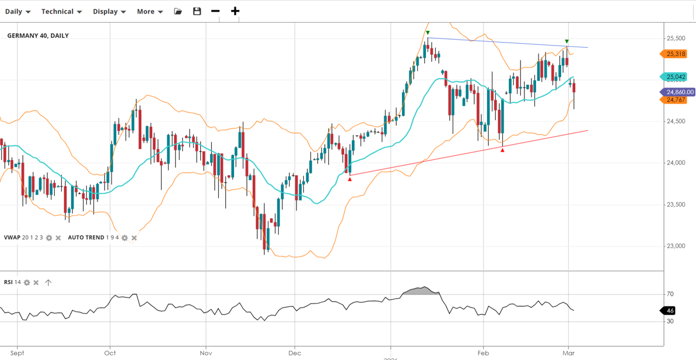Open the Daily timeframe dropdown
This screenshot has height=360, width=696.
(18, 12)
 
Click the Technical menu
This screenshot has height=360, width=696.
(61, 12)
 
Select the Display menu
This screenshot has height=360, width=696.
(109, 12)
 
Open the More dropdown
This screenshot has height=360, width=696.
(149, 12)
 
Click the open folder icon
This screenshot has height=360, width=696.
(178, 12)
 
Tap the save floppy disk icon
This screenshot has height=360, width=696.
(197, 12)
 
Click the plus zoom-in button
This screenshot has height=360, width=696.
(235, 12)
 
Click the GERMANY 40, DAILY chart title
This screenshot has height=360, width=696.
(38, 36)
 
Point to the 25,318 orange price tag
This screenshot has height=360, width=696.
(676, 54)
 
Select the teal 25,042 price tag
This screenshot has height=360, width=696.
(676, 77)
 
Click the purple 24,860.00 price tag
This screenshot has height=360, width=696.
(679, 92)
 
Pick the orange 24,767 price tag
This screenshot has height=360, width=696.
(676, 100)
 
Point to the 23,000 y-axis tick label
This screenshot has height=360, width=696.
(676, 246)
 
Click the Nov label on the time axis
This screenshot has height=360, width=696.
(205, 353)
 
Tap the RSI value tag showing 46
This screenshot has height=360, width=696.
(670, 311)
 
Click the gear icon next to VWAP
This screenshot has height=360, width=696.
(49, 238)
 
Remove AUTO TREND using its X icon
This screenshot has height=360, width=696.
(134, 238)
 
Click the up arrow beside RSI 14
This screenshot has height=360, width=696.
(48, 282)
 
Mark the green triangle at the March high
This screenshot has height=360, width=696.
(566, 41)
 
